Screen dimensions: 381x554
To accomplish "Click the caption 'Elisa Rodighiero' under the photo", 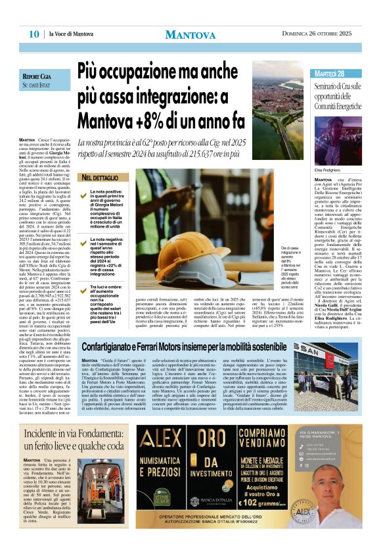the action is tap(329, 170).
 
